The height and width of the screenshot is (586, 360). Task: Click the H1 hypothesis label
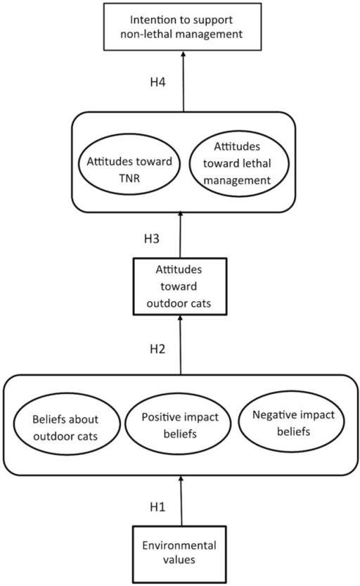pyautogui.click(x=157, y=507)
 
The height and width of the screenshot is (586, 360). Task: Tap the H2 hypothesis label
pyautogui.click(x=157, y=349)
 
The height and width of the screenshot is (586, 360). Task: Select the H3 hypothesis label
pyautogui.click(x=152, y=238)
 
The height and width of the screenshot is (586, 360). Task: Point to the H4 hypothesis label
pyautogui.click(x=157, y=82)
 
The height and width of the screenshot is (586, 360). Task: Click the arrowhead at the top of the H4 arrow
pyautogui.click(x=184, y=53)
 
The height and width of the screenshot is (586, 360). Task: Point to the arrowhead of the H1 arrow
pyautogui.click(x=181, y=479)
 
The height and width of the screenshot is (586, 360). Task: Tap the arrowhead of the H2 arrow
pyautogui.click(x=180, y=318)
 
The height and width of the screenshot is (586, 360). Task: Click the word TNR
pyautogui.click(x=129, y=178)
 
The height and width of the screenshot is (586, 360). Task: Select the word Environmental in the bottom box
pyautogui.click(x=179, y=545)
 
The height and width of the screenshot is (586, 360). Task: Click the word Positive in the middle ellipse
pyautogui.click(x=157, y=417)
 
